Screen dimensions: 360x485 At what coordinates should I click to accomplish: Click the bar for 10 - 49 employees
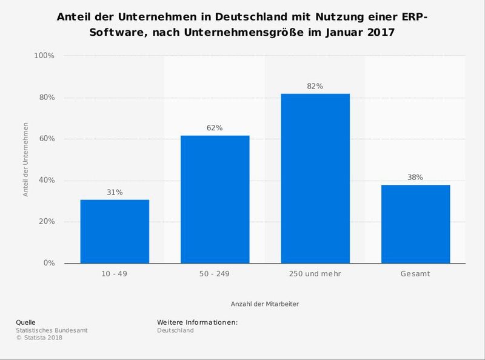115,232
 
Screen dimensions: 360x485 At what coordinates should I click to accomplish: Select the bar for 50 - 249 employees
215,199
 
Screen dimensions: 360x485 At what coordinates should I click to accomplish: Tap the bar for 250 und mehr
315,179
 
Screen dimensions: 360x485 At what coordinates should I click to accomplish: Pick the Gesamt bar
415,224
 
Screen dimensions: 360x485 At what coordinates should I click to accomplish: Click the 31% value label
115,192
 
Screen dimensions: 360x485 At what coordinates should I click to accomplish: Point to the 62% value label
215,128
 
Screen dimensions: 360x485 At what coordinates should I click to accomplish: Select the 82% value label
315,87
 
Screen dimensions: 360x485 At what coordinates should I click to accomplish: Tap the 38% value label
415,178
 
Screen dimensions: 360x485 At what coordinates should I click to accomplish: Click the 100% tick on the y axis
44,56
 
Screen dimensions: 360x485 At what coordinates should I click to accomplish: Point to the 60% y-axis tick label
46,139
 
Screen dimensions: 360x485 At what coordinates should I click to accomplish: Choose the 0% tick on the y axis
48,263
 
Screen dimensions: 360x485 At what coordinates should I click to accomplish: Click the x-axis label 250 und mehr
315,274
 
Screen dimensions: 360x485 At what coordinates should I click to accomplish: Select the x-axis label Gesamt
415,274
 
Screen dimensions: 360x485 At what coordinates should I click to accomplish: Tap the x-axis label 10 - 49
115,274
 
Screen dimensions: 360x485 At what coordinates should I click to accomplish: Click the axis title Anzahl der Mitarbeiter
264,303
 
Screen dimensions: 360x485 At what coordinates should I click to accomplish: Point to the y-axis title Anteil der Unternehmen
26,159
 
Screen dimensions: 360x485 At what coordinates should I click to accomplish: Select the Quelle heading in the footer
25,322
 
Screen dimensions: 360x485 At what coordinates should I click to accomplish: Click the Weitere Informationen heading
197,322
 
